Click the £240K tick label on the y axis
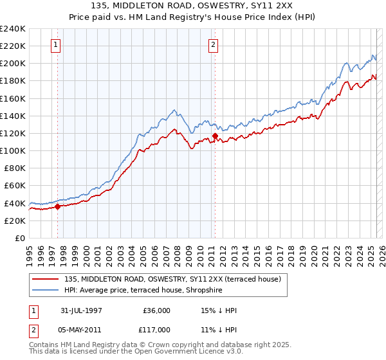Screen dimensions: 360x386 click(13, 29)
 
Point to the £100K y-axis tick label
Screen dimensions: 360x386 click(13, 150)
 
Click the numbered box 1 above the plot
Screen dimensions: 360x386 click(57, 45)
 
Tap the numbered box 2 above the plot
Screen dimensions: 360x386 click(213, 45)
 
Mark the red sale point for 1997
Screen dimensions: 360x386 click(57, 206)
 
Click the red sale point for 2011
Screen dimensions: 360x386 click(215, 136)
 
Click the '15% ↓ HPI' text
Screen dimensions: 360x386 click(219, 310)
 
